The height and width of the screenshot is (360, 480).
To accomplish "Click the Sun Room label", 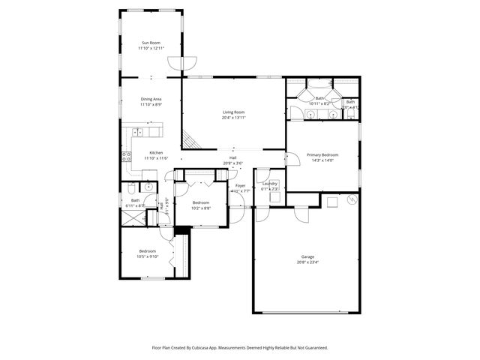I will [151, 43].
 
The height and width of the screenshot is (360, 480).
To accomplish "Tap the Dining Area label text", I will [151, 99].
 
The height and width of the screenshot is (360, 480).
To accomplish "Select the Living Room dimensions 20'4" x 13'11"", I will [233, 118].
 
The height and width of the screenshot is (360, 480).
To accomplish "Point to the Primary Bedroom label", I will [322, 154].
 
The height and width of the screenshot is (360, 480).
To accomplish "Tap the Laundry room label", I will [270, 184].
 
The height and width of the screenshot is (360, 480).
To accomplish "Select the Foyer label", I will [241, 185].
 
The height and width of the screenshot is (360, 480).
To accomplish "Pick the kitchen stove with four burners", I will [126, 157].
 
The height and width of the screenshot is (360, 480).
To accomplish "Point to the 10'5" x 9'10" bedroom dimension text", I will [147, 256].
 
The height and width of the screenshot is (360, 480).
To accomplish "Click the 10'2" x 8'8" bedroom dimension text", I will [201, 208].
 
